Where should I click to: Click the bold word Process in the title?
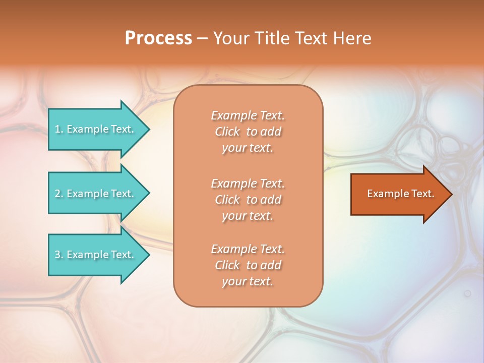point(158,38)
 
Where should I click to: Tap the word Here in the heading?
point(352,38)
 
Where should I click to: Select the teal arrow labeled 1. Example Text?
point(96,129)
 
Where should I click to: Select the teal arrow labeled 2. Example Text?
point(96,194)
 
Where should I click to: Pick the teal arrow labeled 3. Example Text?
point(96,255)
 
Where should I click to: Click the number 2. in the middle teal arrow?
point(59,194)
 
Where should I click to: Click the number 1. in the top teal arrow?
point(59,129)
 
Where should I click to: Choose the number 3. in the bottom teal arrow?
point(59,255)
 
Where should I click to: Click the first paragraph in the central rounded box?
point(248,132)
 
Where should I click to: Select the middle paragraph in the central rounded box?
point(248,200)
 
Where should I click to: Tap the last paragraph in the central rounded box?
point(248,265)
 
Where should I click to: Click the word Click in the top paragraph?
point(227,132)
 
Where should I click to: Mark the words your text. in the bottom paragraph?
point(248,281)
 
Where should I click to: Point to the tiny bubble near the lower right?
point(467,293)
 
